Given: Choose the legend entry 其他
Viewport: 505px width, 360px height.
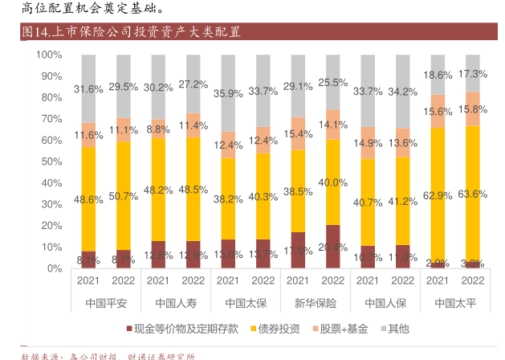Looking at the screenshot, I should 398,328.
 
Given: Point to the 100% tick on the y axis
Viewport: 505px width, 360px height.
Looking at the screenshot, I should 49,55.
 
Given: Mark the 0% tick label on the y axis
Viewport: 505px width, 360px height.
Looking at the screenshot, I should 54,268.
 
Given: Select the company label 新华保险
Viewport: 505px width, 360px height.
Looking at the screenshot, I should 316,303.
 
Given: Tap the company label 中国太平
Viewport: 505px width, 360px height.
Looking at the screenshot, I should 455,303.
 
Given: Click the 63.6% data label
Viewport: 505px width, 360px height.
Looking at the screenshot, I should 473,194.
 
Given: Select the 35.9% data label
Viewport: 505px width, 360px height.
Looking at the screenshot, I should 228,93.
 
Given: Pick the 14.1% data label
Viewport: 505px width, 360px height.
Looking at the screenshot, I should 333,125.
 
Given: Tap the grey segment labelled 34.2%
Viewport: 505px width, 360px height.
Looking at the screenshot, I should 403,92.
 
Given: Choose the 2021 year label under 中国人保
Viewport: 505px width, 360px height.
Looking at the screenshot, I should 368,280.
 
